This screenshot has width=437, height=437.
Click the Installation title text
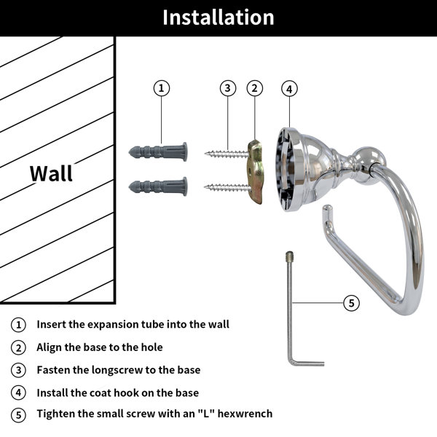[219, 17]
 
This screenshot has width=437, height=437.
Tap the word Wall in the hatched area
[51, 173]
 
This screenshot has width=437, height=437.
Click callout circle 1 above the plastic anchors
[162, 88]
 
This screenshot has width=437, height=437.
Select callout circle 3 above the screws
[228, 88]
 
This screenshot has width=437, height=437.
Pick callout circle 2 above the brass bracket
[254, 88]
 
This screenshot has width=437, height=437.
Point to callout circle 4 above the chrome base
[289, 89]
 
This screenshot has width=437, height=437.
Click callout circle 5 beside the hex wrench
[351, 303]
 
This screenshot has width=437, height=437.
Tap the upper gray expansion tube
[158, 152]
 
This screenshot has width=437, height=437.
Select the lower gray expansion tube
[158, 186]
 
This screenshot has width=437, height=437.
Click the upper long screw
[227, 154]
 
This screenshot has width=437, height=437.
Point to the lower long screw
[227, 188]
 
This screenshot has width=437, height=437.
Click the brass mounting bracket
[255, 172]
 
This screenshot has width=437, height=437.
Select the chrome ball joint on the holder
[369, 165]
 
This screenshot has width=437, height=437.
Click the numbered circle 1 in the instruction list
[18, 325]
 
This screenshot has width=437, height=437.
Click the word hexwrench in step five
[245, 414]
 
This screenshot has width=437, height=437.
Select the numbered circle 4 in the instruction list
[18, 393]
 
